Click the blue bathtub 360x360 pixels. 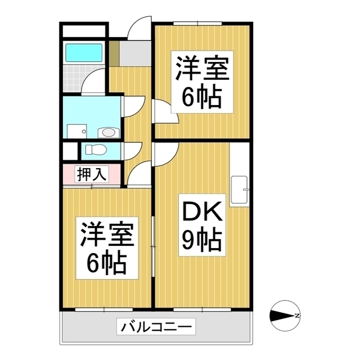[x=84, y=52]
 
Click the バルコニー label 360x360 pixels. [x=156, y=326]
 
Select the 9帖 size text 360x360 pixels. [x=201, y=241]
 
